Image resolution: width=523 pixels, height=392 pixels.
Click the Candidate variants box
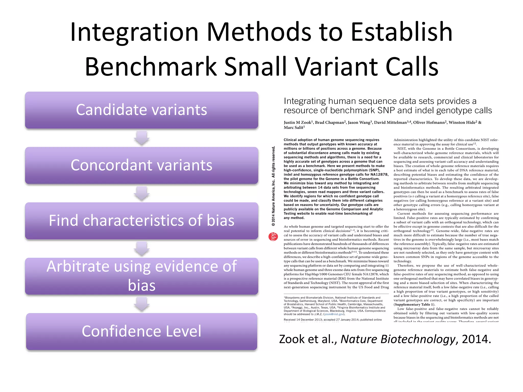tap(141, 110)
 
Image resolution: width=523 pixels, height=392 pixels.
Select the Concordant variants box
tap(141, 165)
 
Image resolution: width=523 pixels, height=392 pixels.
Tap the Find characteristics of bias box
tap(141, 220)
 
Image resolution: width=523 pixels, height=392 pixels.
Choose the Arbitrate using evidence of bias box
tap(141, 276)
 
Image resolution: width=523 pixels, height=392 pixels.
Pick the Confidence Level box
tap(141, 331)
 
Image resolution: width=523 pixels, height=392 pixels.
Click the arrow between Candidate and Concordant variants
tap(142, 138)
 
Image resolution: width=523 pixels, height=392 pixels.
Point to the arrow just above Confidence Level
tap(142, 304)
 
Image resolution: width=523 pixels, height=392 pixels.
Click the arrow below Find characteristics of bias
tap(142, 249)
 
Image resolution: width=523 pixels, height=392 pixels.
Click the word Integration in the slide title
tap(134, 32)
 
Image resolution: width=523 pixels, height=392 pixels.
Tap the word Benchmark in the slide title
tap(151, 67)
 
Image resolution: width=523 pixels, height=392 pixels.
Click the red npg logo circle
tap(273, 237)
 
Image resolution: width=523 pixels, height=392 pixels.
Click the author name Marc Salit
tap(294, 128)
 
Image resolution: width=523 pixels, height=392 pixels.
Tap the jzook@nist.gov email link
tap(334, 314)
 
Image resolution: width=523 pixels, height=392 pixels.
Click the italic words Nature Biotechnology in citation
tap(398, 339)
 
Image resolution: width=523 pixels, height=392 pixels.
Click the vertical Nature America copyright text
tap(273, 186)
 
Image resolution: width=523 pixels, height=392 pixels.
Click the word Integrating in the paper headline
tap(305, 101)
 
